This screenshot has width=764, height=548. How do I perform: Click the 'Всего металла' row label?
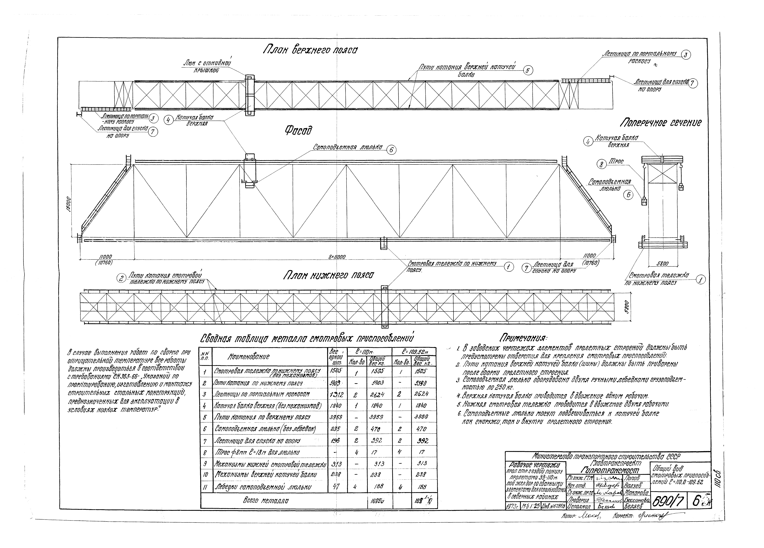[266, 501]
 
